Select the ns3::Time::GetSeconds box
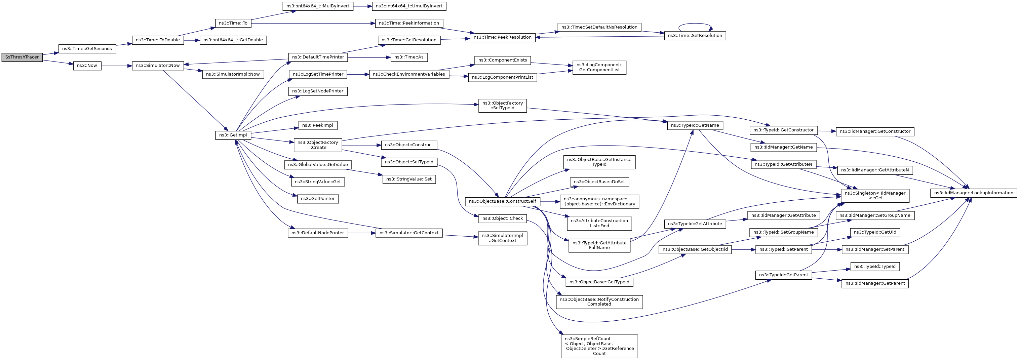87,49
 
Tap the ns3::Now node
87,66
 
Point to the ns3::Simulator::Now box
158,66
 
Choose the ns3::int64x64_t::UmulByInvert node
409,6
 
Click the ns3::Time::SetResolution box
695,36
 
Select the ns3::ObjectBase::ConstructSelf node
502,201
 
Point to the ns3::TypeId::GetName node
695,125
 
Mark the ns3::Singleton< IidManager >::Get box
875,195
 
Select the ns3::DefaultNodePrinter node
318,233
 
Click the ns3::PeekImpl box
318,125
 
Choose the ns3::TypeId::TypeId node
875,267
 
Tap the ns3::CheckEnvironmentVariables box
408,74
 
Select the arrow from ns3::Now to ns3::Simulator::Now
116,66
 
